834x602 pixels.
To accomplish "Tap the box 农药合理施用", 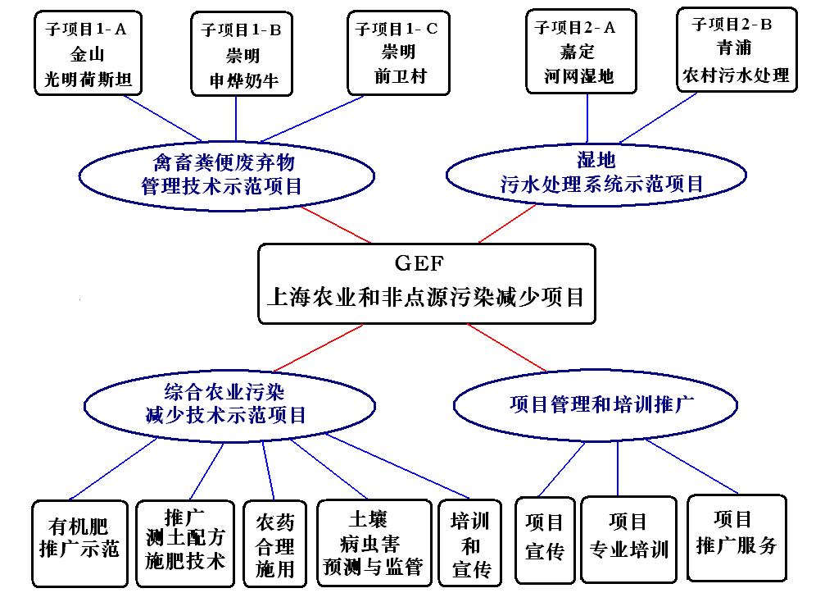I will tap(275, 544).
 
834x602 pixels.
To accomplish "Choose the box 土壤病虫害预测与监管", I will tap(374, 542).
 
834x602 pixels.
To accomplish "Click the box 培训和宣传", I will tap(470, 544).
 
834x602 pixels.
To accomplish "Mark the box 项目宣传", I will tap(545, 538).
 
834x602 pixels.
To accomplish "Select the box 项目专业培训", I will tap(629, 536).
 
